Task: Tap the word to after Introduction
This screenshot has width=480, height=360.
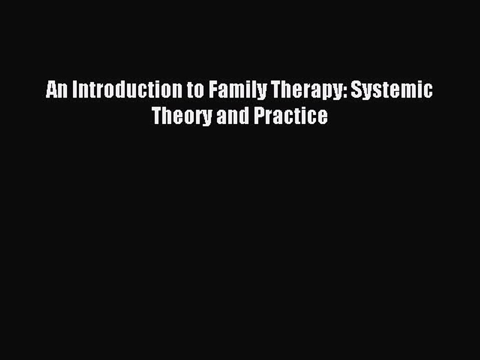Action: (x=195, y=90)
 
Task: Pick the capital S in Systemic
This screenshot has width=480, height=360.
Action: (x=356, y=90)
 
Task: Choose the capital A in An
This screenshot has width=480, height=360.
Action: (x=51, y=90)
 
